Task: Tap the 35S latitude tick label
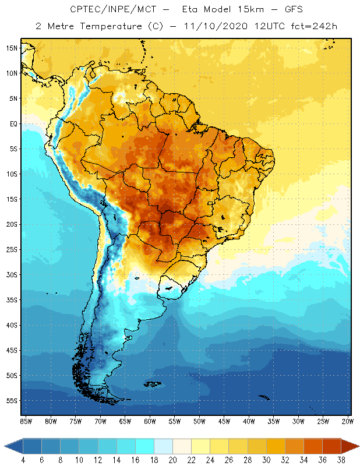[x=12, y=300]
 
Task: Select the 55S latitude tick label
[x=12, y=401]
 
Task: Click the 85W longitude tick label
[x=26, y=421]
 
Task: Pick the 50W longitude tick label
[x=200, y=421]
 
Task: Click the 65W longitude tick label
[x=125, y=421]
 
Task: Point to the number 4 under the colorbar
[x=23, y=460]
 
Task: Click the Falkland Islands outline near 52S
[x=153, y=383]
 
